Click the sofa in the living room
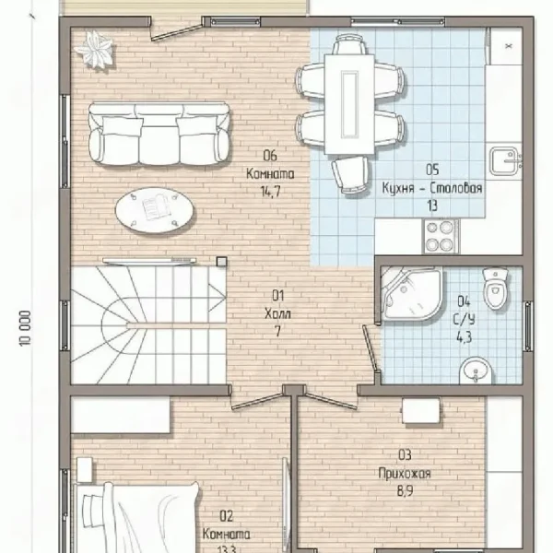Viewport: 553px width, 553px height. [159, 134]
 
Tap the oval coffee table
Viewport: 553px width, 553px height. [155, 210]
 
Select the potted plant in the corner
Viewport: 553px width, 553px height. [94, 50]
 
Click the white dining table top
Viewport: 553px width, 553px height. [349, 104]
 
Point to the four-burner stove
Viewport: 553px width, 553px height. [441, 236]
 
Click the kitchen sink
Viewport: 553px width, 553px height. [504, 161]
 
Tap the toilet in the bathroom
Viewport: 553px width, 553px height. [495, 288]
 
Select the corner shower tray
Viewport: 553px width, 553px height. [412, 295]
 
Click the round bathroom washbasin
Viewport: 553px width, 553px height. [477, 371]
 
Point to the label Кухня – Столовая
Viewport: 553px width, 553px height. [432, 188]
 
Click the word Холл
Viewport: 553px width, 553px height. [278, 313]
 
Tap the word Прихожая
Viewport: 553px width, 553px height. [405, 473]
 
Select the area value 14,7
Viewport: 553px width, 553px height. [270, 193]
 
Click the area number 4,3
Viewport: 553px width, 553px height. [465, 337]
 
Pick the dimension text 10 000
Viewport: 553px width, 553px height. [26, 328]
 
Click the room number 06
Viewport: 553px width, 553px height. [270, 156]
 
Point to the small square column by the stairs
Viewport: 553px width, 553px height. [221, 262]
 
